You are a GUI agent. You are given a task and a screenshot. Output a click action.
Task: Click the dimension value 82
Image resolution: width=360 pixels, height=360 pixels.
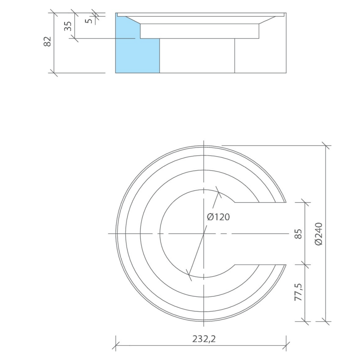[x=47, y=41]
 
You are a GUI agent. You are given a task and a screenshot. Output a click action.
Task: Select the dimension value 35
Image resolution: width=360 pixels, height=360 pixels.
[x=68, y=26]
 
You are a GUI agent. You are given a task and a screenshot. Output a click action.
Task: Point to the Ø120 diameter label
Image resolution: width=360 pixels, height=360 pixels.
[x=218, y=217]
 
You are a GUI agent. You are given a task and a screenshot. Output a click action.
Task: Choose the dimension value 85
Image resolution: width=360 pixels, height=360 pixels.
[x=298, y=234]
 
